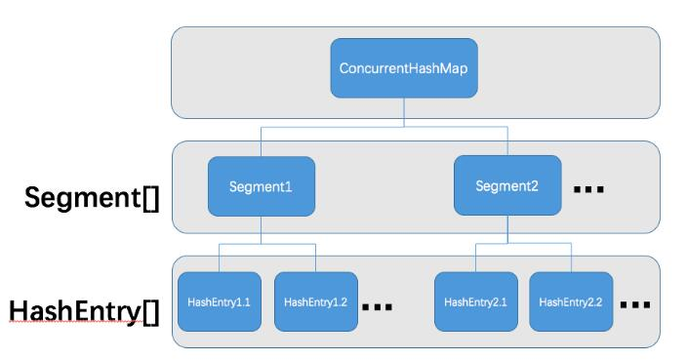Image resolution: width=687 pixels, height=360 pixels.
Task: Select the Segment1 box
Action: pos(261,185)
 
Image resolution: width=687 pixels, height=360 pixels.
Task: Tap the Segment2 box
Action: pos(507,185)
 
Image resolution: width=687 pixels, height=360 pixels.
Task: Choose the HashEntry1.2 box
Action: pos(315,301)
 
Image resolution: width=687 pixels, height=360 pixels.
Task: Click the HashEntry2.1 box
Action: pos(475,301)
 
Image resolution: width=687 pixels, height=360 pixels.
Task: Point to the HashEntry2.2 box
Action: pos(570,301)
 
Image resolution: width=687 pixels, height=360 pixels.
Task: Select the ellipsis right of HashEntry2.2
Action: pos(634,305)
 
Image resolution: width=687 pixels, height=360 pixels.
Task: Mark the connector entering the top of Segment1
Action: pos(261,140)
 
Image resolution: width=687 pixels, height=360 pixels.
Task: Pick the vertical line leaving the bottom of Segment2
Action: pos(507,230)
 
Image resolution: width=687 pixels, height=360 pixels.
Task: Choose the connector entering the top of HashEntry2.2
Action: pos(570,259)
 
